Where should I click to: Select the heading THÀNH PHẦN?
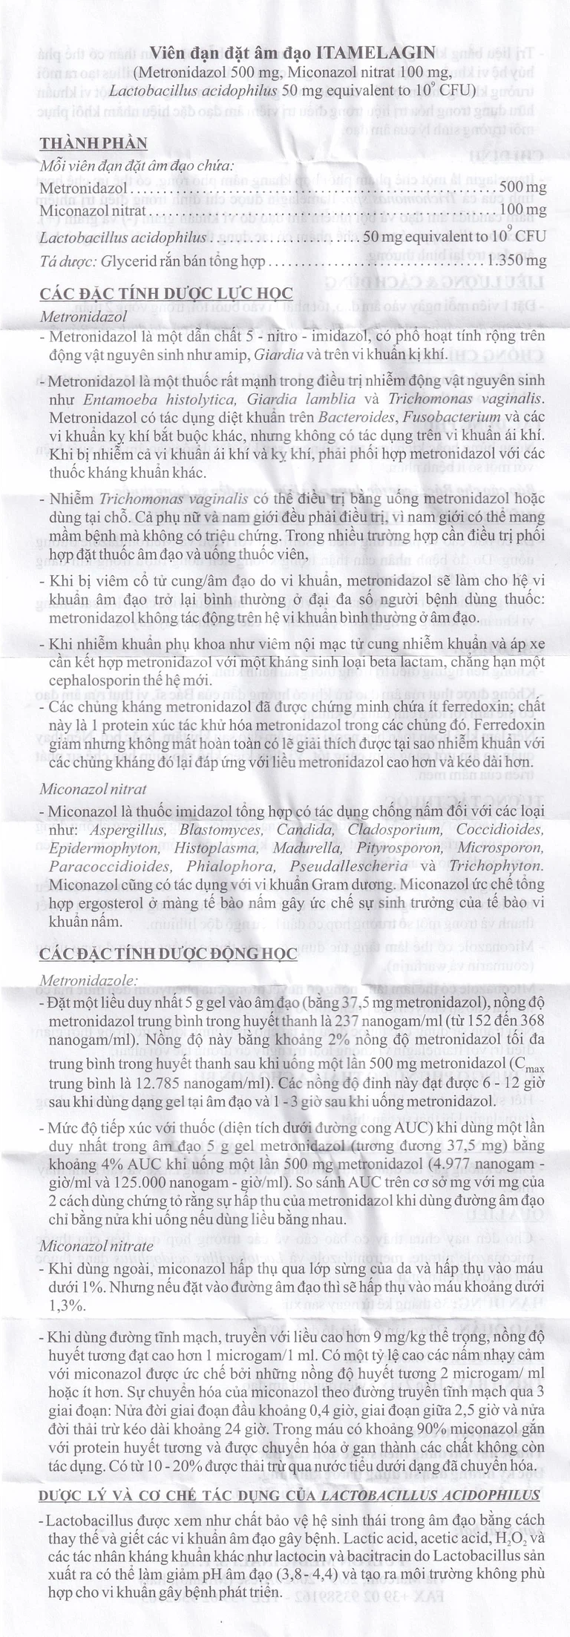pos(93,143)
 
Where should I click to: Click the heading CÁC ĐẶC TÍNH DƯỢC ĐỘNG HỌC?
pos(168,954)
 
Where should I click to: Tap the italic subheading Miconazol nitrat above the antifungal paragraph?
pos(93,789)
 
